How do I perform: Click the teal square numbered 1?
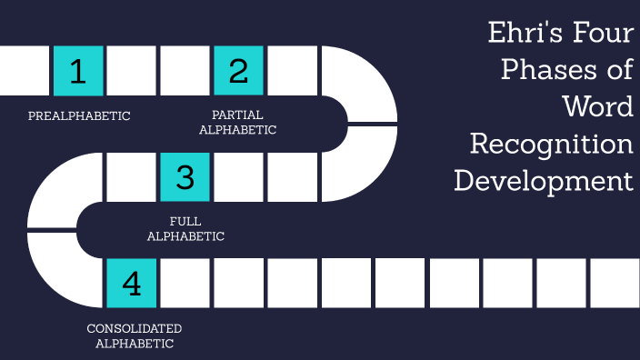(x=78, y=71)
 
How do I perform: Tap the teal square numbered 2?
(x=238, y=71)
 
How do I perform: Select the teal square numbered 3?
(x=185, y=176)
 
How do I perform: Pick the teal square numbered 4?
(x=132, y=283)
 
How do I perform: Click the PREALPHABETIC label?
(x=79, y=115)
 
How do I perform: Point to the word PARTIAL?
(x=238, y=115)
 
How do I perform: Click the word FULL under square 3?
(x=185, y=221)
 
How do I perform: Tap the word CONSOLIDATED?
(x=135, y=328)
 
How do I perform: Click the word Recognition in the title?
(x=550, y=144)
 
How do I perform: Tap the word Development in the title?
(x=543, y=179)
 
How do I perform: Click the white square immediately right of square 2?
(x=292, y=71)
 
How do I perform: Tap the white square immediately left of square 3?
(x=132, y=176)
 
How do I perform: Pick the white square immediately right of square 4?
(x=185, y=283)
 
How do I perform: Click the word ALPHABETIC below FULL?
(x=185, y=236)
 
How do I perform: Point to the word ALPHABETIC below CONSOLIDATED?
(x=135, y=344)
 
